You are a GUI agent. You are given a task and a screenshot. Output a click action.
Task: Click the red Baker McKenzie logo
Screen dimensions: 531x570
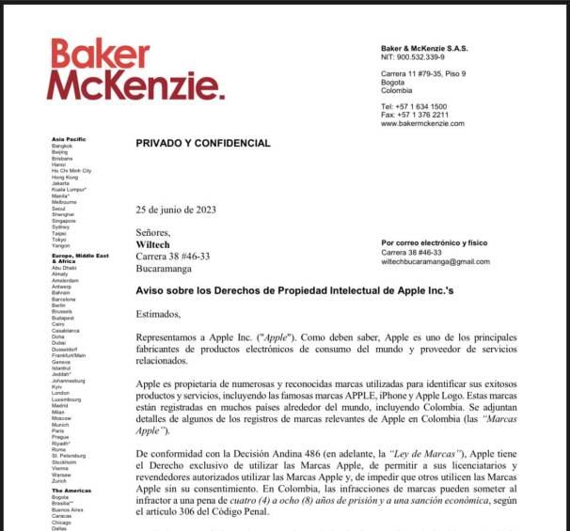click(x=136, y=70)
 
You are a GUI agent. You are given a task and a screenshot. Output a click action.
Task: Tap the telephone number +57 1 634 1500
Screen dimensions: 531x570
click(x=414, y=107)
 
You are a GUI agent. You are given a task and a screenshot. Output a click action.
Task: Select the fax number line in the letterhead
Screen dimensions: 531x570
click(x=415, y=115)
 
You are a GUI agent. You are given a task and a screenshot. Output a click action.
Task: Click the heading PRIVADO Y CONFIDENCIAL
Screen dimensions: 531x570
click(x=203, y=144)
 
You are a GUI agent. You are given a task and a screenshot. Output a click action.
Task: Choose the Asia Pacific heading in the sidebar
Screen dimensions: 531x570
click(x=69, y=139)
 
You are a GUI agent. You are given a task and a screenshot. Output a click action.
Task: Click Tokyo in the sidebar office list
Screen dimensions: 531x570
click(x=60, y=239)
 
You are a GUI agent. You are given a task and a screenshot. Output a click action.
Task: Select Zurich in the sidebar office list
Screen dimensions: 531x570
click(x=60, y=481)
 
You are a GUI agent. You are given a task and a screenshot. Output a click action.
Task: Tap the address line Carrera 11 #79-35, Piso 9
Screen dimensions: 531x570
click(x=423, y=74)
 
